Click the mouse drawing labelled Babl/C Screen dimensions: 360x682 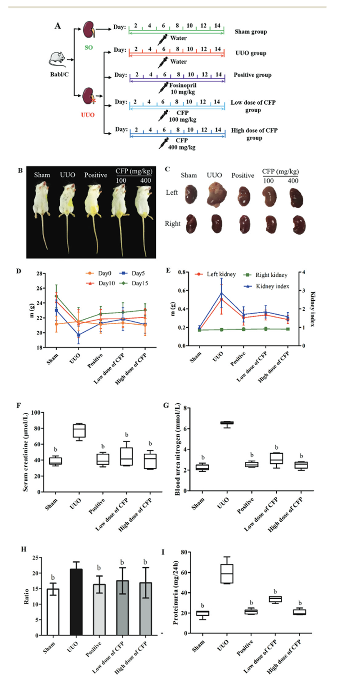tap(58, 59)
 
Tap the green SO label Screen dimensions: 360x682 tap(89, 48)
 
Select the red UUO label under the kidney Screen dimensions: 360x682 tap(88, 115)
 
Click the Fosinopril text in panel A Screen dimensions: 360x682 tap(183, 85)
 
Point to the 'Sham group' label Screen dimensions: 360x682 tap(251, 32)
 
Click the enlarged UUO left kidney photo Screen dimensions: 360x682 tap(216, 194)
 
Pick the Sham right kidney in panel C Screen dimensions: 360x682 tap(191, 224)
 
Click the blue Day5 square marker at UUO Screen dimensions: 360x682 tap(78, 335)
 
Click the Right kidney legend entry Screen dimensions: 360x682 tap(265, 275)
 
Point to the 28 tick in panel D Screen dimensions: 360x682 tap(39, 273)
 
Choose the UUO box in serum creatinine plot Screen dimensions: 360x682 tap(79, 430)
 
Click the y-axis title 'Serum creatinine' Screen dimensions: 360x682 tap(26, 452)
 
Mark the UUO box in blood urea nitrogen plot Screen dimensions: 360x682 tap(227, 423)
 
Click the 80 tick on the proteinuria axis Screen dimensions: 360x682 tap(184, 552)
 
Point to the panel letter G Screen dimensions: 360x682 tap(166, 405)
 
